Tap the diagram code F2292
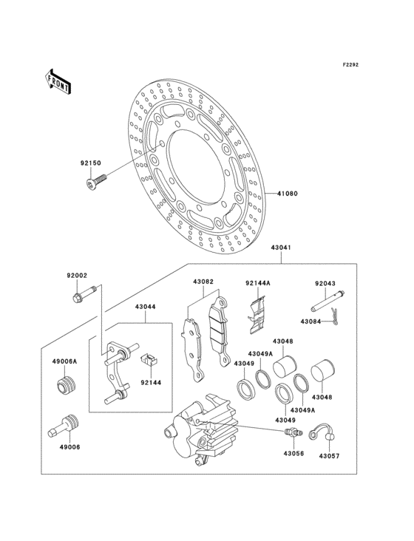click(350, 66)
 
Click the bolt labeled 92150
click(97, 177)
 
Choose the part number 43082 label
click(203, 282)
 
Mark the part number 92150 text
click(90, 163)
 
